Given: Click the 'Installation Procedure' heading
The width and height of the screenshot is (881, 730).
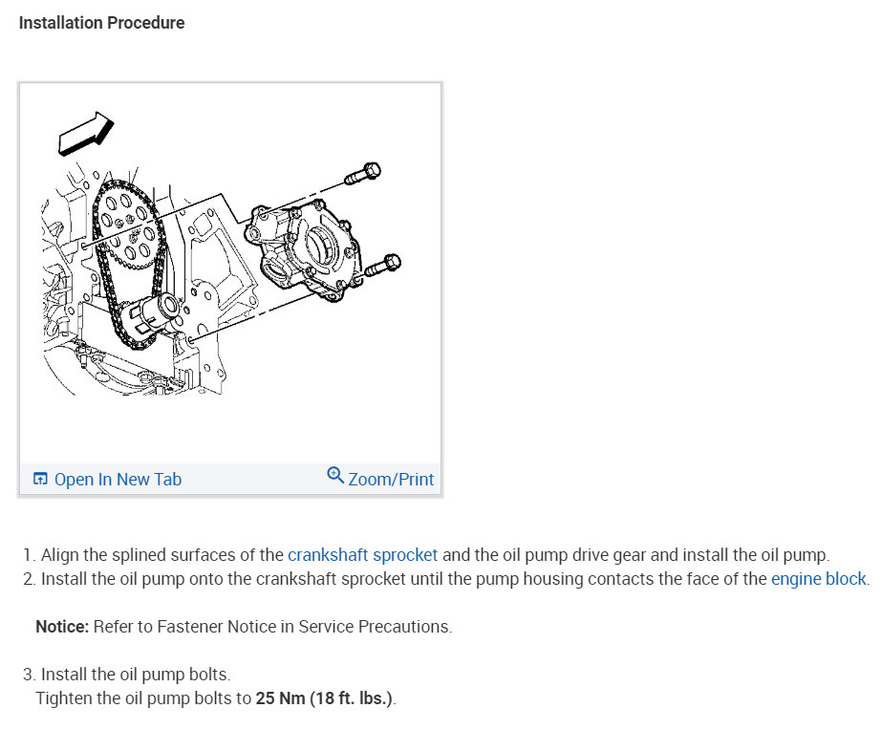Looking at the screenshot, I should (101, 23).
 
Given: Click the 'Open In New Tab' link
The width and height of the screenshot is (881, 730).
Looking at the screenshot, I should (117, 480).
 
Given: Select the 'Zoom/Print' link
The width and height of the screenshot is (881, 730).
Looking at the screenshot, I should (391, 480).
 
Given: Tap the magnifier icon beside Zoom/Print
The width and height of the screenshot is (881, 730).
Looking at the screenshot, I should (335, 475).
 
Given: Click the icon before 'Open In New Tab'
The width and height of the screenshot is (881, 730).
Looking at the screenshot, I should (40, 480).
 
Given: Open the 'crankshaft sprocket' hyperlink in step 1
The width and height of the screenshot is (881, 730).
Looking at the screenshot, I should (362, 554).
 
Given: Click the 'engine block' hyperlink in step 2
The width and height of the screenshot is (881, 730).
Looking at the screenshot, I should (818, 578).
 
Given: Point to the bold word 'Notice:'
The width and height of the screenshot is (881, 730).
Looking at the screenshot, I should (62, 627).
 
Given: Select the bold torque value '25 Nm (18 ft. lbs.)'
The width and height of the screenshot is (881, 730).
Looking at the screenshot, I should (324, 698).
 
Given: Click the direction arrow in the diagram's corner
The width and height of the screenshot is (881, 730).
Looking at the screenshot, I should (85, 132).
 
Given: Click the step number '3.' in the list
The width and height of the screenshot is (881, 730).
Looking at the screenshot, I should (30, 675).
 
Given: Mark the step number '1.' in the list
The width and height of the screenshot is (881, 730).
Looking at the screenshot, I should (30, 554).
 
